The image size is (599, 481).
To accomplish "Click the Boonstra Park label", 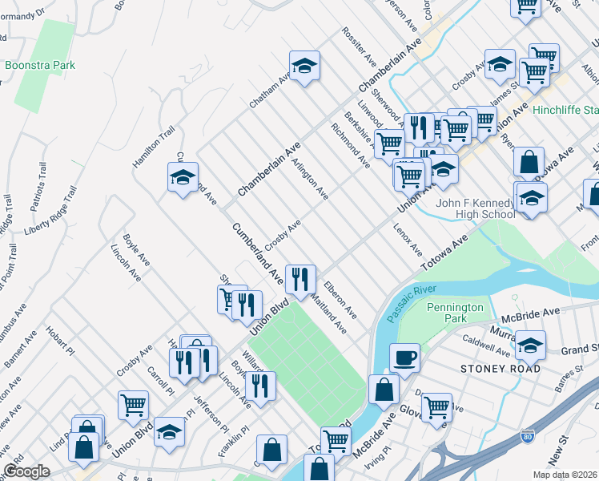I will click(x=40, y=65).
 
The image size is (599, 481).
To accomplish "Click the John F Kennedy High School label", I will click(x=476, y=208).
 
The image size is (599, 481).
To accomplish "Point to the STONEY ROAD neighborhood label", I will click(x=501, y=369).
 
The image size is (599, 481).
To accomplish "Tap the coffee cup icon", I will click(x=404, y=358).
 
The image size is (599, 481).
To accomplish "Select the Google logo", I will click(x=26, y=471).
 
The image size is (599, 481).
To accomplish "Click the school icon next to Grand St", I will click(x=529, y=345).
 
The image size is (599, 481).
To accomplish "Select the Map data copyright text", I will click(x=565, y=475).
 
